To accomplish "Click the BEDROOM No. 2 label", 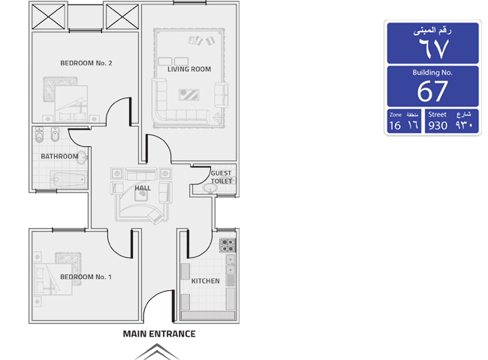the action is click(x=86, y=63).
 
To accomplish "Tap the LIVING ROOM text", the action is click(x=189, y=69).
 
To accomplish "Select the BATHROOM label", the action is click(x=59, y=156).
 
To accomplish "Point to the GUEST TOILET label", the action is click(x=221, y=177).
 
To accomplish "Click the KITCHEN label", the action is click(x=206, y=281).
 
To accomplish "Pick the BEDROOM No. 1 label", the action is click(x=86, y=277).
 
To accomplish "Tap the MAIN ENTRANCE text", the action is click(x=159, y=334).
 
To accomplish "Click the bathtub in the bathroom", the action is click(x=68, y=180).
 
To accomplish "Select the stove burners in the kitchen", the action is click(x=227, y=245).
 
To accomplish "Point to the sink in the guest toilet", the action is click(x=211, y=187).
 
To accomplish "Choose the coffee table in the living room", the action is click(x=189, y=94).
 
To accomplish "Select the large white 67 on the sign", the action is click(x=432, y=91).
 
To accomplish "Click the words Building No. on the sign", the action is click(x=432, y=73).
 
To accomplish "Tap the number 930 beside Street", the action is click(x=438, y=125).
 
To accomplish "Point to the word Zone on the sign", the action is click(x=396, y=115).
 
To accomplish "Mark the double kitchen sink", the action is click(x=230, y=264).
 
